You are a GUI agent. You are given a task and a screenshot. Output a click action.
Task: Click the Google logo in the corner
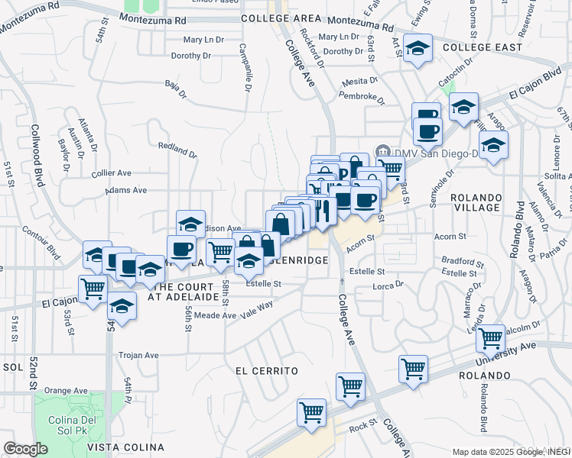point(25,449)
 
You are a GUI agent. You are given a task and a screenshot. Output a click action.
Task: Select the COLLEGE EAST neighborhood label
point(482,47)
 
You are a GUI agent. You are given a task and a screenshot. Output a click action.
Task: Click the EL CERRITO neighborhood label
point(265,371)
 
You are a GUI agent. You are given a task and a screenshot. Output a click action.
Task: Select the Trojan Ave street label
point(138,355)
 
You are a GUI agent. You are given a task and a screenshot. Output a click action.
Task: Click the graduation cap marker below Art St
point(417,50)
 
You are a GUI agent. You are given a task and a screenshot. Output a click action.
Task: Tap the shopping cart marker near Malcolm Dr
point(489,337)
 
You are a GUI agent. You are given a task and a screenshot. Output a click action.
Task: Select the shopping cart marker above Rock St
point(311,413)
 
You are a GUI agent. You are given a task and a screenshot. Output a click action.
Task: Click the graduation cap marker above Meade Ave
point(121,306)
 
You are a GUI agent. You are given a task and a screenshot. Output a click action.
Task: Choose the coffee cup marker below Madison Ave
point(181,249)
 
